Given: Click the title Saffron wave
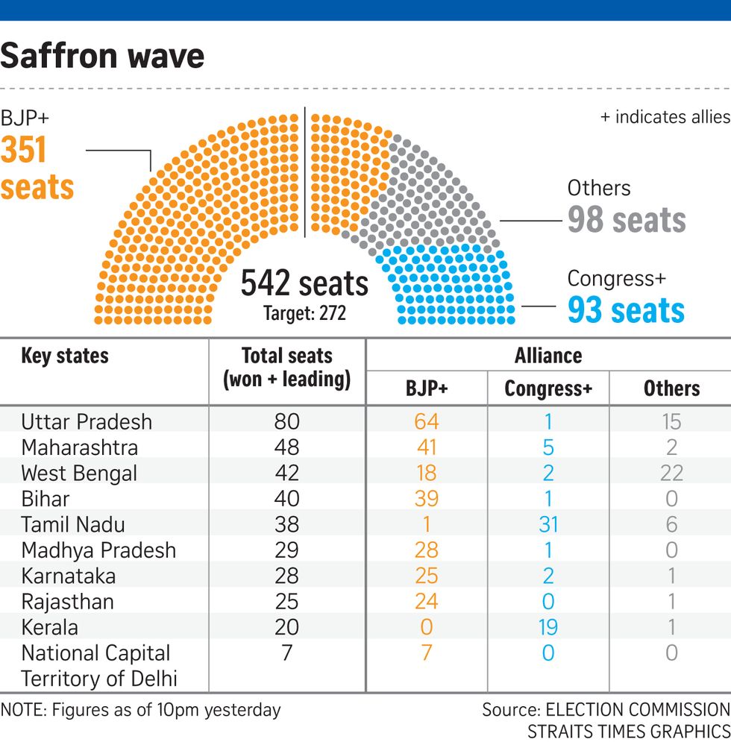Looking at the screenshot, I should pyautogui.click(x=102, y=57).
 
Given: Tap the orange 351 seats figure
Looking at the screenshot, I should pyautogui.click(x=37, y=169).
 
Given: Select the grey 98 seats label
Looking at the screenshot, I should pyautogui.click(x=626, y=220).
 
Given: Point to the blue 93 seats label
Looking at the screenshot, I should pyautogui.click(x=626, y=309).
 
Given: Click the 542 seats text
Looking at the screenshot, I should pyautogui.click(x=304, y=284).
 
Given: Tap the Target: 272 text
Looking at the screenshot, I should pyautogui.click(x=304, y=313).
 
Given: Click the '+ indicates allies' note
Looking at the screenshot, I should pyautogui.click(x=665, y=117).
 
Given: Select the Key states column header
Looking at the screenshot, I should pyautogui.click(x=65, y=356).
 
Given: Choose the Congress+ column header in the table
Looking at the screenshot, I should pyautogui.click(x=548, y=389).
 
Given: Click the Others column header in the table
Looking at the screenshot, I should pyautogui.click(x=671, y=389).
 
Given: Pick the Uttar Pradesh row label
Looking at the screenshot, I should pyautogui.click(x=87, y=422).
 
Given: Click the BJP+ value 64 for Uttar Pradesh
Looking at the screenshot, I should pyautogui.click(x=426, y=422).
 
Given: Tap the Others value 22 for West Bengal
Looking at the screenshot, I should pyautogui.click(x=671, y=474).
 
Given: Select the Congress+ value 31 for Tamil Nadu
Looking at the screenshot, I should pyautogui.click(x=548, y=524).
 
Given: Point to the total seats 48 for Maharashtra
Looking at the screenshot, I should pyautogui.click(x=286, y=447).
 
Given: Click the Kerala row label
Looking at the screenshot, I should pyautogui.click(x=49, y=627).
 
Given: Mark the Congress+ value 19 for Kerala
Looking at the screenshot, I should pyautogui.click(x=548, y=627).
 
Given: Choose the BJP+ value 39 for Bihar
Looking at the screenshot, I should pyautogui.click(x=426, y=499).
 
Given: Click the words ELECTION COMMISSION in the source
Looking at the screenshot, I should pyautogui.click(x=638, y=709).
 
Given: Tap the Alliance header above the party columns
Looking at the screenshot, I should pyautogui.click(x=548, y=356).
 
